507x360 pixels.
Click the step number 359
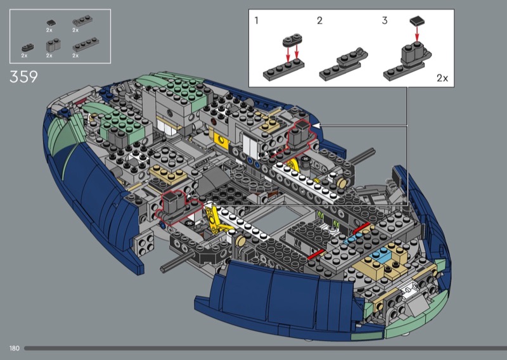23,77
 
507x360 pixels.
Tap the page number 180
15,349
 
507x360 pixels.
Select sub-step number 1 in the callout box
257,21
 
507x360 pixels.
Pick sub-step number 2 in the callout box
319,21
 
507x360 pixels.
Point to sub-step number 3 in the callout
385,21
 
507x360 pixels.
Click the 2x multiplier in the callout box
442,78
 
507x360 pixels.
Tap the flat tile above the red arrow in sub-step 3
417,21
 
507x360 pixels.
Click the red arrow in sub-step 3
417,34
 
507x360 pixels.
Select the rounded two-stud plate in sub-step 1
292,40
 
